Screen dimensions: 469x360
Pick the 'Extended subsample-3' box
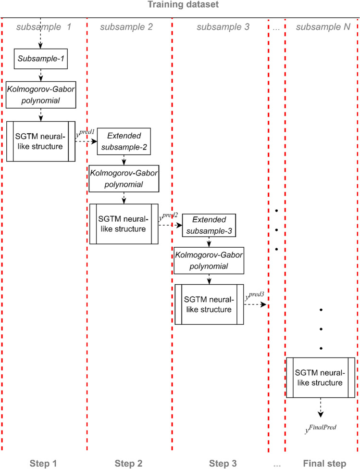click(209, 225)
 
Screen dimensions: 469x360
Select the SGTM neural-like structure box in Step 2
click(124, 224)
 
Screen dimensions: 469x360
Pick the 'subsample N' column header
click(323, 27)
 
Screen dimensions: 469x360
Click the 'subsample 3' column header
click(223, 27)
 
